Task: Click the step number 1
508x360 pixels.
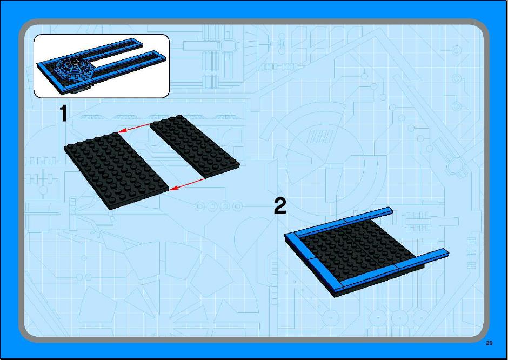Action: point(64,113)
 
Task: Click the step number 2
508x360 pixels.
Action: point(280,206)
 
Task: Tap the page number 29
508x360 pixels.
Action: point(489,343)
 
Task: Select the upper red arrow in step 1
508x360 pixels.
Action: point(134,128)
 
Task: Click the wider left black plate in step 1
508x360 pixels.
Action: point(117,171)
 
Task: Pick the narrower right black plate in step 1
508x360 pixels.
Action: point(195,146)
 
